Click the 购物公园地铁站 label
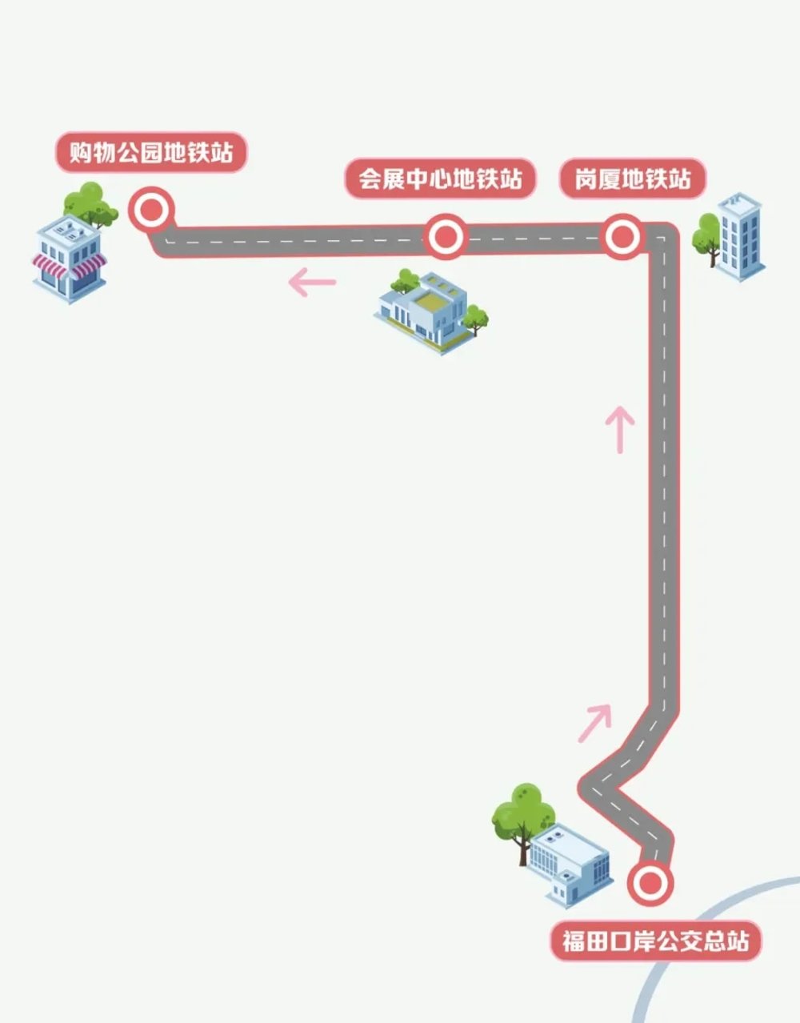151,153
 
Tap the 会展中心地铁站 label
441,179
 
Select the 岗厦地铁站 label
633,179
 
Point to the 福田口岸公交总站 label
656,941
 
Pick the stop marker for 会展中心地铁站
445,236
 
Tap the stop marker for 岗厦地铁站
622,236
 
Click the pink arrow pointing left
312,283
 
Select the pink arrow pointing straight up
620,430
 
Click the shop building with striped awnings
70,259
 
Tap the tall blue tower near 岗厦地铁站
740,237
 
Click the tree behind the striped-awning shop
90,205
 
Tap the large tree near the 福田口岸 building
523,823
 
